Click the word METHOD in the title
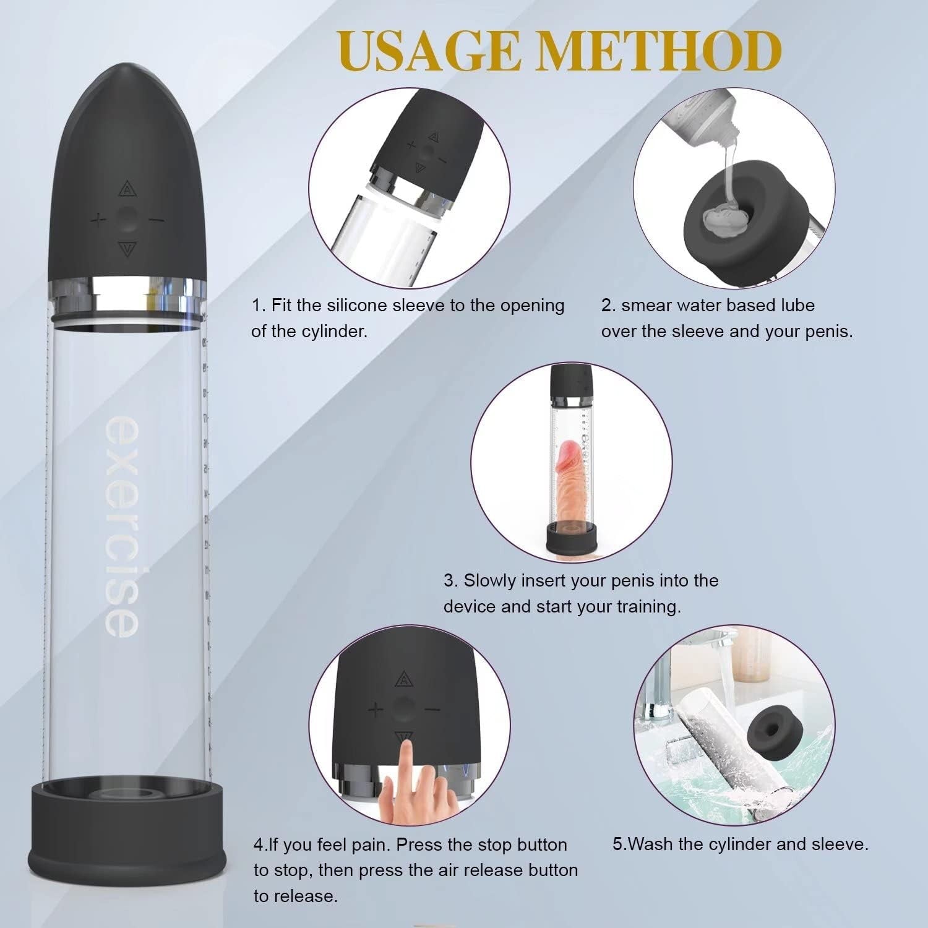point(658,51)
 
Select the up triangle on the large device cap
point(127,188)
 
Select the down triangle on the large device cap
point(127,249)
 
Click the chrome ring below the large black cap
point(127,288)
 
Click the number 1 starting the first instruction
point(256,306)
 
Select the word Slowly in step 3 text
point(490,581)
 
